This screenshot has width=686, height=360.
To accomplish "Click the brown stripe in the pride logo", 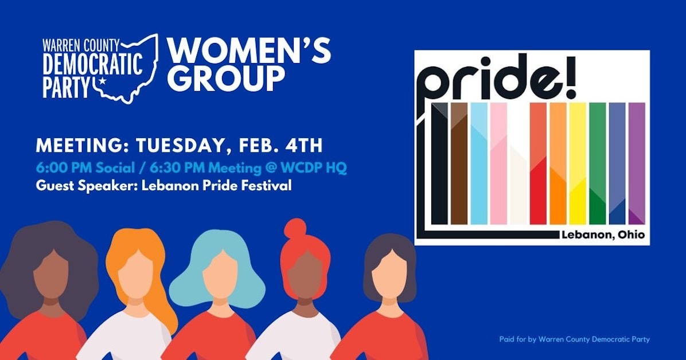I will pos(459,163).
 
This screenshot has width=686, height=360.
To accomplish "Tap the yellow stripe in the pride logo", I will pos(577,163).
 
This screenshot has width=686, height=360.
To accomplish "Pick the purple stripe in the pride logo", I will pos(636,163).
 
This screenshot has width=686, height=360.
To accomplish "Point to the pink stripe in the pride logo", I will pos(498,163).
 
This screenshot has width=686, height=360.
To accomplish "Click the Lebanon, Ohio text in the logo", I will pos(603,235).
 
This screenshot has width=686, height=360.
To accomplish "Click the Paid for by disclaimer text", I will pos(574,339).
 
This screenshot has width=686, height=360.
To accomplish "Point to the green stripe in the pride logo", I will pos(597,163).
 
